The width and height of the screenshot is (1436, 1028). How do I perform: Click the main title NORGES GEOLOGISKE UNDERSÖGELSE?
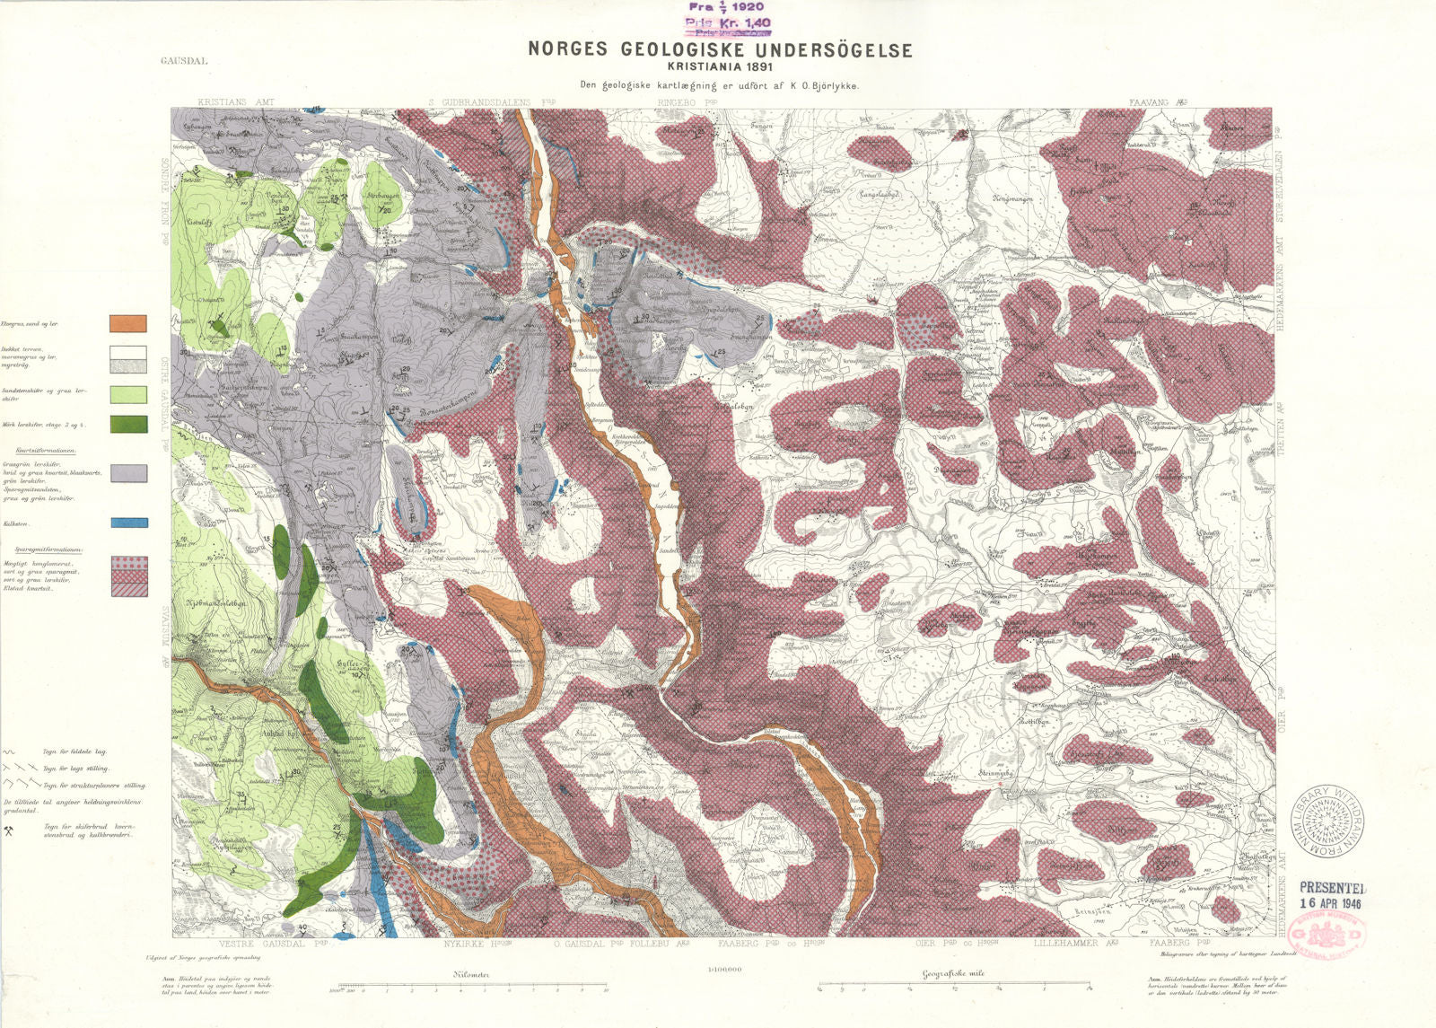[x=720, y=49]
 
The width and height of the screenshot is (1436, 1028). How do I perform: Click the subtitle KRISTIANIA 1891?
[x=720, y=66]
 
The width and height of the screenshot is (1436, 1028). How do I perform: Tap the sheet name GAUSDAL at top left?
[x=184, y=62]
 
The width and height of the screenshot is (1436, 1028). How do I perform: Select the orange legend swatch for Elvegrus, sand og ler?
[x=128, y=323]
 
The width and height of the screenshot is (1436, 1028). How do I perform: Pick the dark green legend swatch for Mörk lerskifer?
[x=128, y=424]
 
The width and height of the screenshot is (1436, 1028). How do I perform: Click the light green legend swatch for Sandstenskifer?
[x=128, y=394]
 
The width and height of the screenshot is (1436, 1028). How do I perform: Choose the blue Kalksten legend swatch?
[x=128, y=523]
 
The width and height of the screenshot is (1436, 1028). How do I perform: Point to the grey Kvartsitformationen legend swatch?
[x=128, y=473]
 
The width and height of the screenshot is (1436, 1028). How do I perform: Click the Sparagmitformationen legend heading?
[x=49, y=549]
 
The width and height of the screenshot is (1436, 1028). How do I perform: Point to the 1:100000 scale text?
[x=720, y=970]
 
